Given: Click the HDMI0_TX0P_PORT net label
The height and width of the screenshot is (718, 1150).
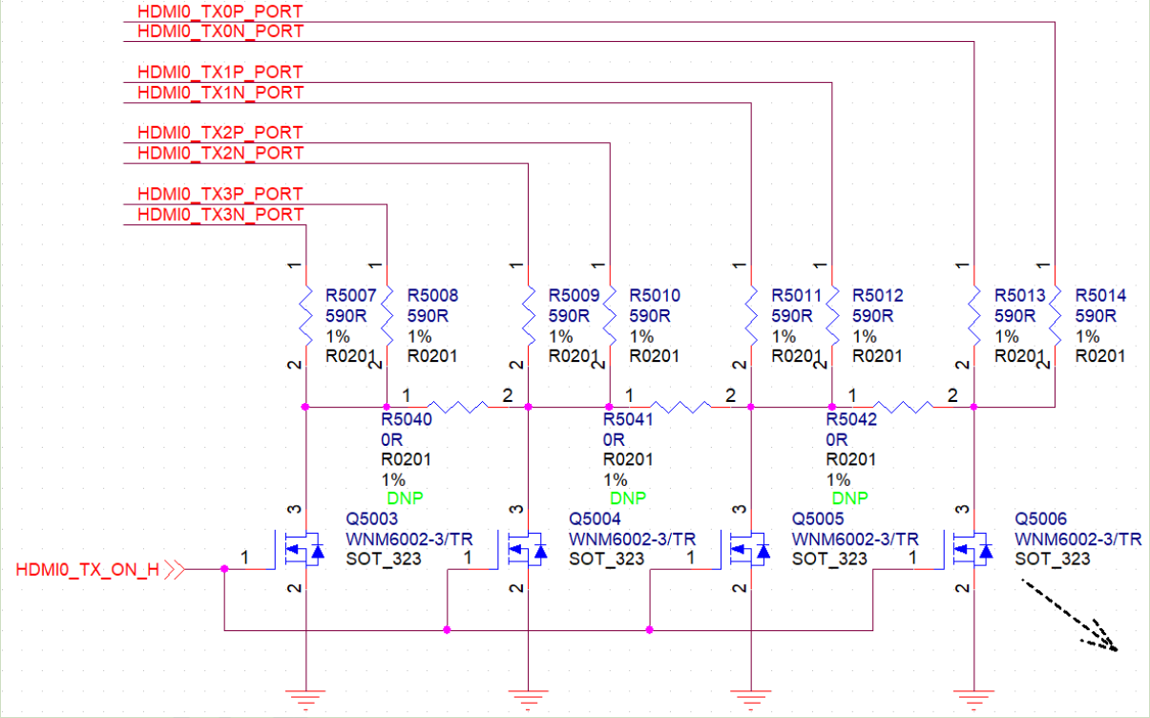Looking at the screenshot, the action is point(220,11).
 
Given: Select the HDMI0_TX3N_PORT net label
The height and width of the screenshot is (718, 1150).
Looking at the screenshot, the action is point(220,214).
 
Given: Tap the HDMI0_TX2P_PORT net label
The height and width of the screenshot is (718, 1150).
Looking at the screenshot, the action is point(220,133).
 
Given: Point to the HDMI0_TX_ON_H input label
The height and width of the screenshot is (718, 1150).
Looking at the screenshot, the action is point(88,570).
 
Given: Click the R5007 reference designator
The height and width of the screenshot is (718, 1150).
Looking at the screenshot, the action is point(350,295).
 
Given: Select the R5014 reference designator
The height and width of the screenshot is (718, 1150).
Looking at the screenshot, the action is point(1100,295).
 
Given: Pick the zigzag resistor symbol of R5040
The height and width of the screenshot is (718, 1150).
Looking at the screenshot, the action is point(458,408).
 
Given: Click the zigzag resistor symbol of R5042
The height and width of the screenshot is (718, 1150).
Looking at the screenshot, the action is point(904,408).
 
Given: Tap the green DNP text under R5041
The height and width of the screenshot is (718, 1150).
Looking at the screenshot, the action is point(628,497).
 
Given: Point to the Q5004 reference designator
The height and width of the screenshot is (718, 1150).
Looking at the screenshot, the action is point(595,518).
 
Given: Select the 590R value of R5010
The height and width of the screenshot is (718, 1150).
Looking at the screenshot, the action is point(650,316).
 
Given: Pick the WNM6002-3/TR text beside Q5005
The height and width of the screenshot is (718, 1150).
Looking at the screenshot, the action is point(855,539).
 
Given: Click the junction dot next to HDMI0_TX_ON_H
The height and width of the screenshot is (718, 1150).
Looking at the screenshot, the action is point(224,569).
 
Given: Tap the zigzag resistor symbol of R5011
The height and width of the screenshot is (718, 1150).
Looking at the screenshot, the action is point(751,316).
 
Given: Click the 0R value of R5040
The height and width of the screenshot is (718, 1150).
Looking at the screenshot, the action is point(391,439).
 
